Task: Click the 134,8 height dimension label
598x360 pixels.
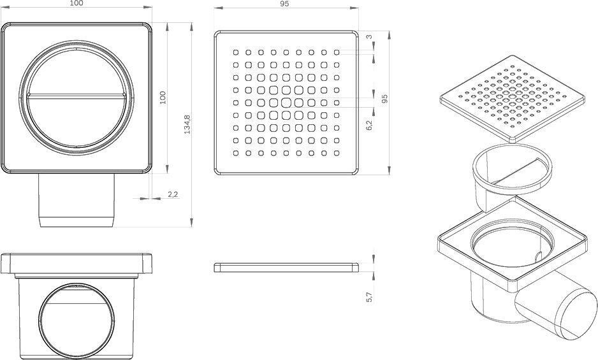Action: click(x=187, y=124)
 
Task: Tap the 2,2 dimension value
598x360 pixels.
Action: click(x=173, y=194)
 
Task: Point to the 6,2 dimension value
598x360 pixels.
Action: click(x=369, y=125)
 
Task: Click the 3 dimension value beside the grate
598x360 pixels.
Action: click(x=369, y=37)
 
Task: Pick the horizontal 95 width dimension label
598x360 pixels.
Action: click(x=284, y=3)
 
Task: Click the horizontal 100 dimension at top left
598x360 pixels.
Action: click(x=77, y=3)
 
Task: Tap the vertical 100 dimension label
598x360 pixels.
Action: click(x=163, y=97)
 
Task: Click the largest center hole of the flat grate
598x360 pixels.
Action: click(x=286, y=103)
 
